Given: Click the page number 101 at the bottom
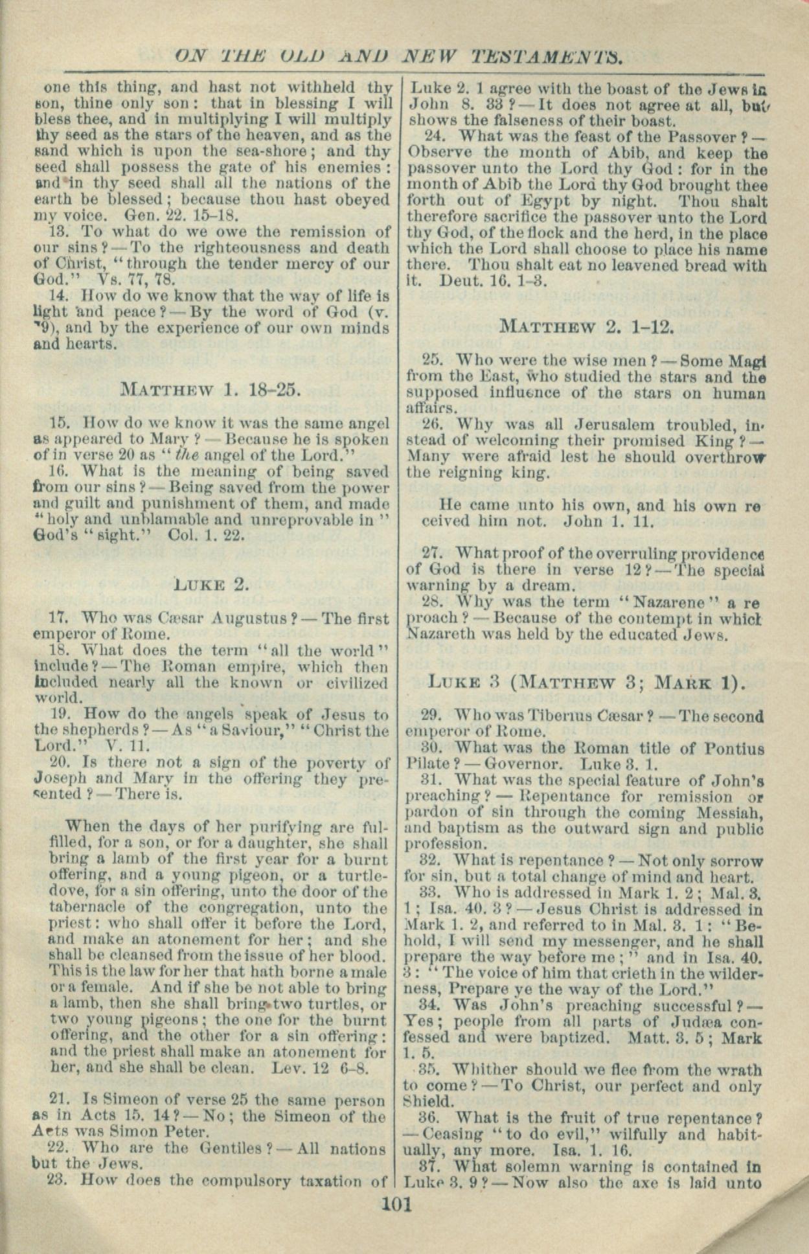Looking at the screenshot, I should click(397, 1205).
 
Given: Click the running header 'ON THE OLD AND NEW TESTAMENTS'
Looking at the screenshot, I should click(399, 57).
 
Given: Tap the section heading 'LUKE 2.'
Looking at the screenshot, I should click(211, 584).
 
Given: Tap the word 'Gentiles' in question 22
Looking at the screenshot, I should click(229, 1149).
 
